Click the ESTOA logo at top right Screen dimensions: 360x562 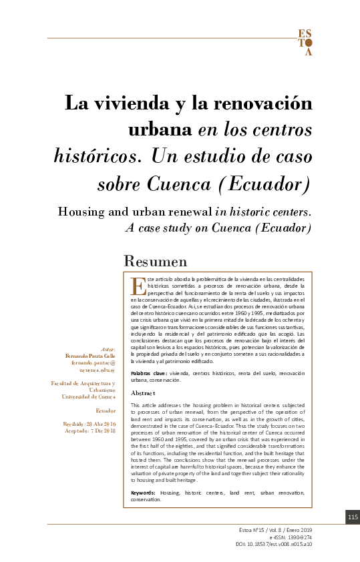point(304,42)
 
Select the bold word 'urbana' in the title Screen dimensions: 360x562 point(159,129)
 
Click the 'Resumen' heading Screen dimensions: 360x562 point(156,261)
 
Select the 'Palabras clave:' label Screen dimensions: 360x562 point(149,373)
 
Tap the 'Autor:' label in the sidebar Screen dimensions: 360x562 point(107,348)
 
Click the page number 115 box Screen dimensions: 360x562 point(353,517)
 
